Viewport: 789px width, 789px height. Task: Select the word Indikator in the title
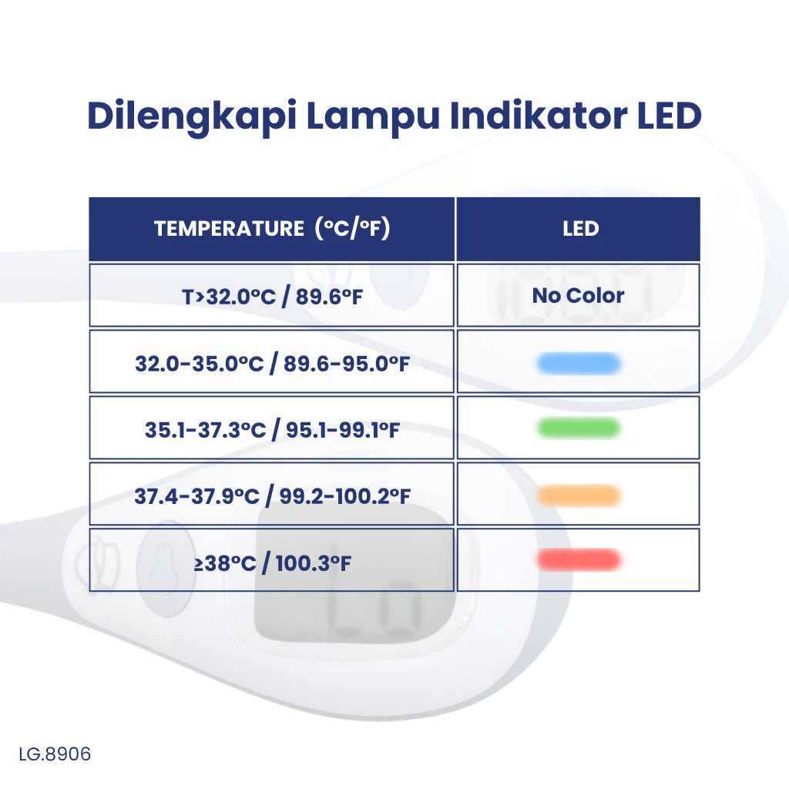pyautogui.click(x=540, y=115)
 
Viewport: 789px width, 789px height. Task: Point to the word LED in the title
pyautogui.click(x=669, y=115)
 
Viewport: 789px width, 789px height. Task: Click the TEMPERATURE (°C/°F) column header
pyautogui.click(x=272, y=229)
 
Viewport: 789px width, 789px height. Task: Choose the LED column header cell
pyautogui.click(x=579, y=229)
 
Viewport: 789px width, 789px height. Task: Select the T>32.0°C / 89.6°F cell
pyautogui.click(x=272, y=296)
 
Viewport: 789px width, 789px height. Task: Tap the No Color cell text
pyautogui.click(x=578, y=295)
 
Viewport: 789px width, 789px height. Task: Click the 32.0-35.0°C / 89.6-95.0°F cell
pyautogui.click(x=272, y=362)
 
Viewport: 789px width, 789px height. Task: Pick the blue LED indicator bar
pyautogui.click(x=579, y=363)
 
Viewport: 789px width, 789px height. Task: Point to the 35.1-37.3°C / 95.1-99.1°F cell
pyautogui.click(x=272, y=428)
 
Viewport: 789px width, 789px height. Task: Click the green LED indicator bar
pyautogui.click(x=579, y=428)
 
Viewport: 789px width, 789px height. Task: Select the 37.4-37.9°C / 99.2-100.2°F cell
pyautogui.click(x=272, y=495)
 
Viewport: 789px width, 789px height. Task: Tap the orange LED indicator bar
pyautogui.click(x=579, y=495)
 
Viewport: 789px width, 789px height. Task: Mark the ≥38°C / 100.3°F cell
pyautogui.click(x=272, y=562)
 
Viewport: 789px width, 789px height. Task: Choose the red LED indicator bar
pyautogui.click(x=579, y=560)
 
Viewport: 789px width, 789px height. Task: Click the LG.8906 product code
pyautogui.click(x=55, y=754)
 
